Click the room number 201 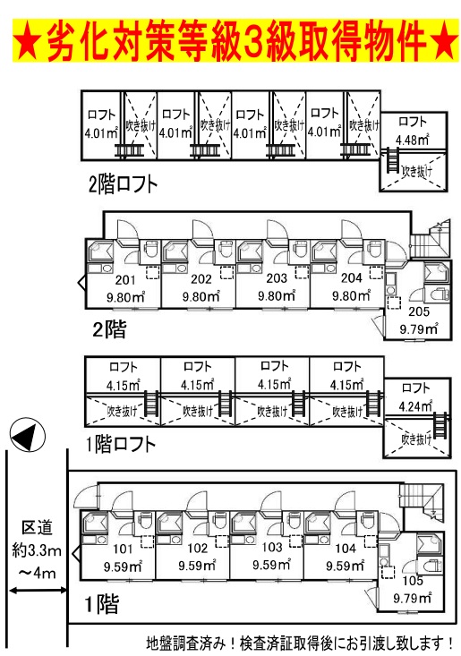(x=125, y=280)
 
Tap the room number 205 (x=419, y=311)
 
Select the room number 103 (x=272, y=547)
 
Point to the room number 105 (x=413, y=581)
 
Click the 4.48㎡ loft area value (x=413, y=140)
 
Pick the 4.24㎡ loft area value (x=415, y=405)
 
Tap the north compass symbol (x=27, y=435)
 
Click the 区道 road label (x=37, y=528)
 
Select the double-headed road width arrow (x=38, y=591)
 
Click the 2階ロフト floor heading (x=123, y=184)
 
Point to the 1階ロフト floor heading (x=121, y=444)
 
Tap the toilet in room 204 (x=373, y=250)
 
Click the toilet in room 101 (x=145, y=521)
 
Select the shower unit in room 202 (x=176, y=251)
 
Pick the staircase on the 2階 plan (x=431, y=239)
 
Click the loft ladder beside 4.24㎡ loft (x=440, y=424)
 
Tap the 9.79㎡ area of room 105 (x=412, y=599)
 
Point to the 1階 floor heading (x=102, y=605)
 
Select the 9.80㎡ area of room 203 (x=277, y=296)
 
